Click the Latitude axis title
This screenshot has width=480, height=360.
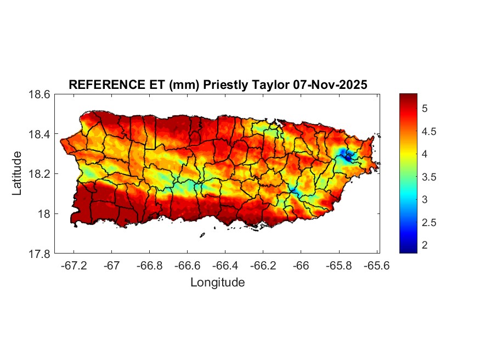pyautogui.click(x=18, y=173)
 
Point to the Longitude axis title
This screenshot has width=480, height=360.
pyautogui.click(x=217, y=283)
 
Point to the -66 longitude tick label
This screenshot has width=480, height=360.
pyautogui.click(x=301, y=266)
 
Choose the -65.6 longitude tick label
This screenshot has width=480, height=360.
pyautogui.click(x=377, y=266)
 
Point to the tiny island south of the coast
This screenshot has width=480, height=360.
pyautogui.click(x=202, y=235)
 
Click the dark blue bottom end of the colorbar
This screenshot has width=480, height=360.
pyautogui.click(x=408, y=250)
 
